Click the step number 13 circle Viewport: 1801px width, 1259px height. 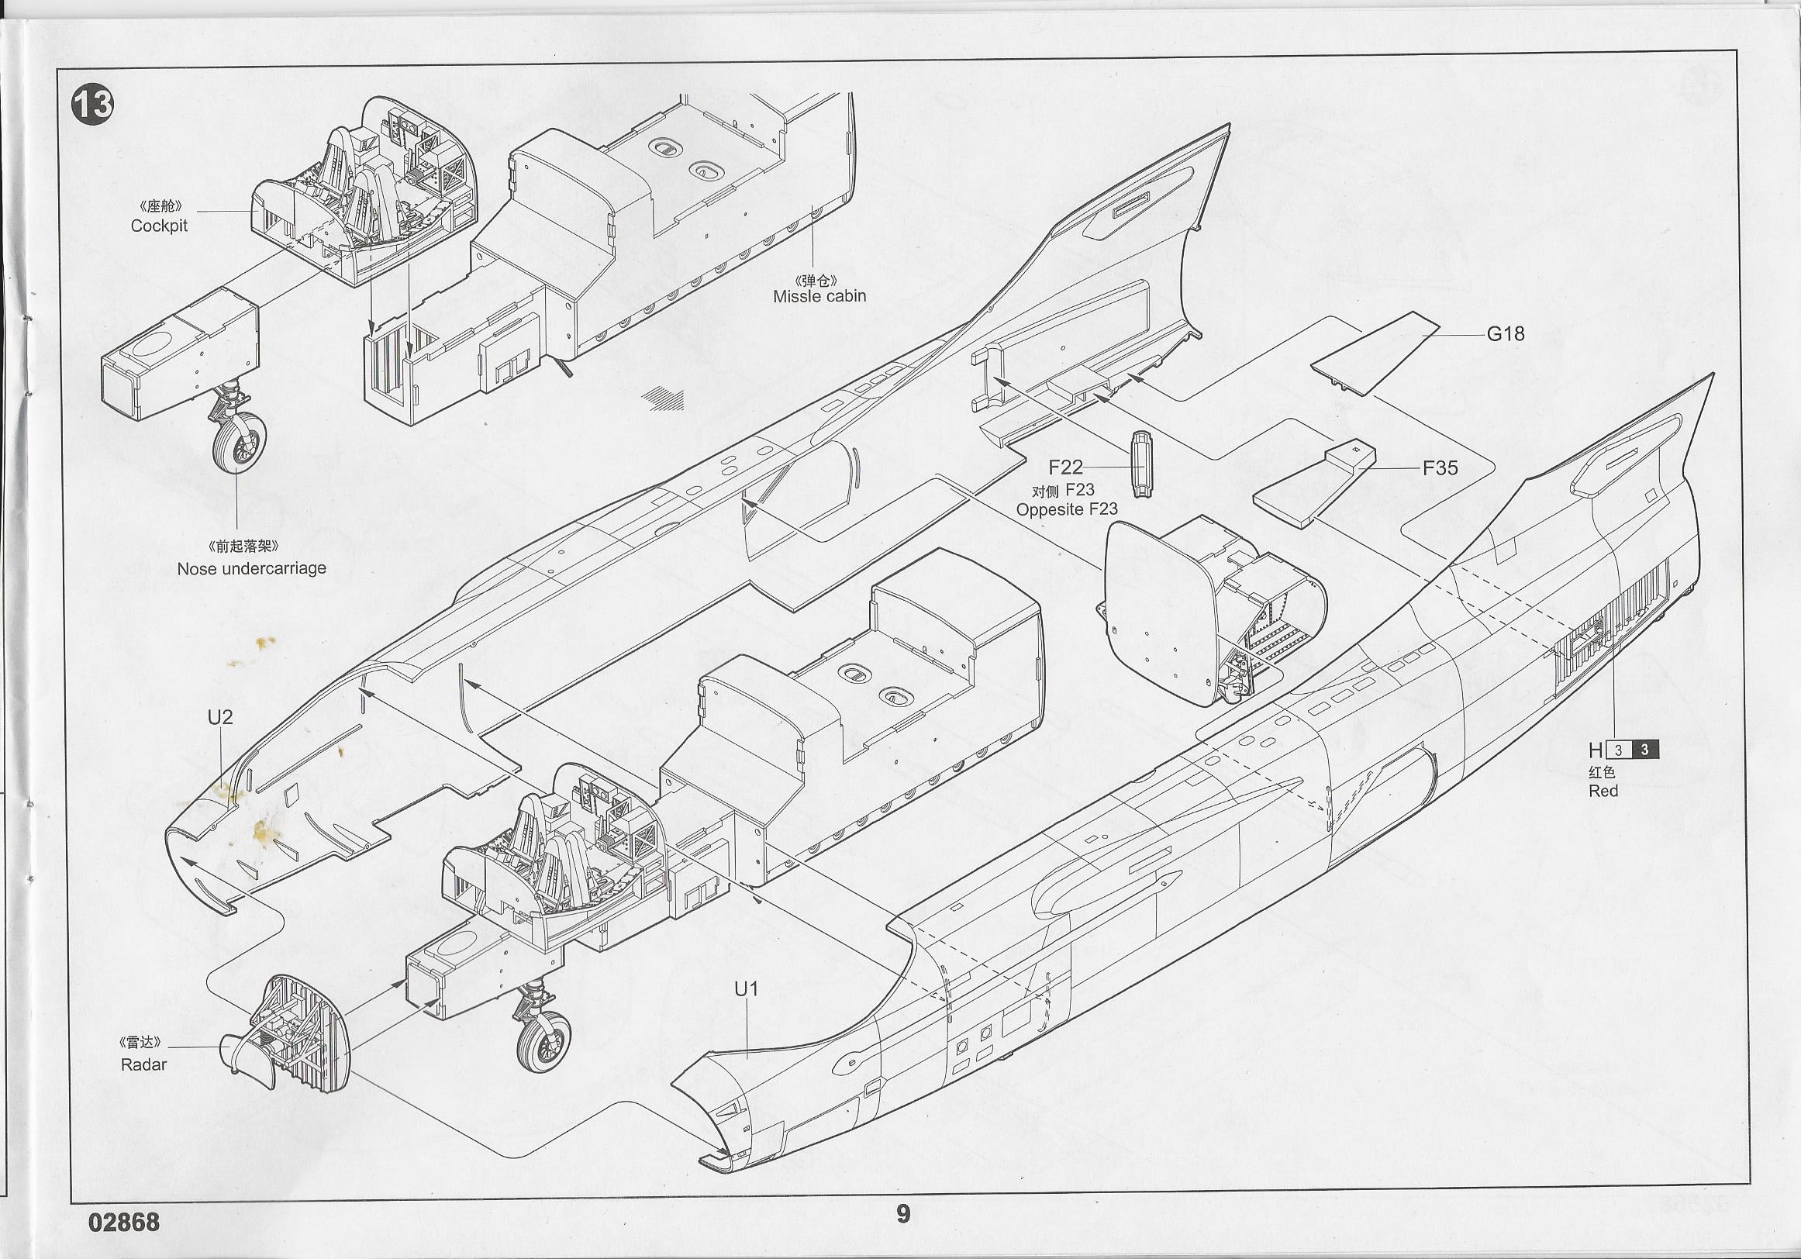pos(92,105)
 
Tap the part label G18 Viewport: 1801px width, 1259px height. pos(1506,334)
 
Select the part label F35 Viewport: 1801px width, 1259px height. pos(1440,468)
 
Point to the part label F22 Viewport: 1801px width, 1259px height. pos(1065,467)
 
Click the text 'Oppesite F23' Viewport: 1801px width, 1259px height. pos(1066,509)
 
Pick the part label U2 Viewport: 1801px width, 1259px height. pos(220,717)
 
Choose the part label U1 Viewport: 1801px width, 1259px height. pos(746,989)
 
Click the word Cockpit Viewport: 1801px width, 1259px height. pos(159,226)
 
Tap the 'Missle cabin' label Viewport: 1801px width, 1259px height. pos(819,296)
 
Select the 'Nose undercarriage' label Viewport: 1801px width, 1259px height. pos(251,569)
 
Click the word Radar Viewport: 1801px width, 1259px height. pos(143,1064)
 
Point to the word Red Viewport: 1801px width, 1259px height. pos(1603,791)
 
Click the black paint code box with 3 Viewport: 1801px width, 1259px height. pos(1645,750)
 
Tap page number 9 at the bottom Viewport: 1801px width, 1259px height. pos(903,1214)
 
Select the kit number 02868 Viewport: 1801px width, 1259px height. pos(124,1222)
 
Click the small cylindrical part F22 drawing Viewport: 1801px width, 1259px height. pos(1141,464)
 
